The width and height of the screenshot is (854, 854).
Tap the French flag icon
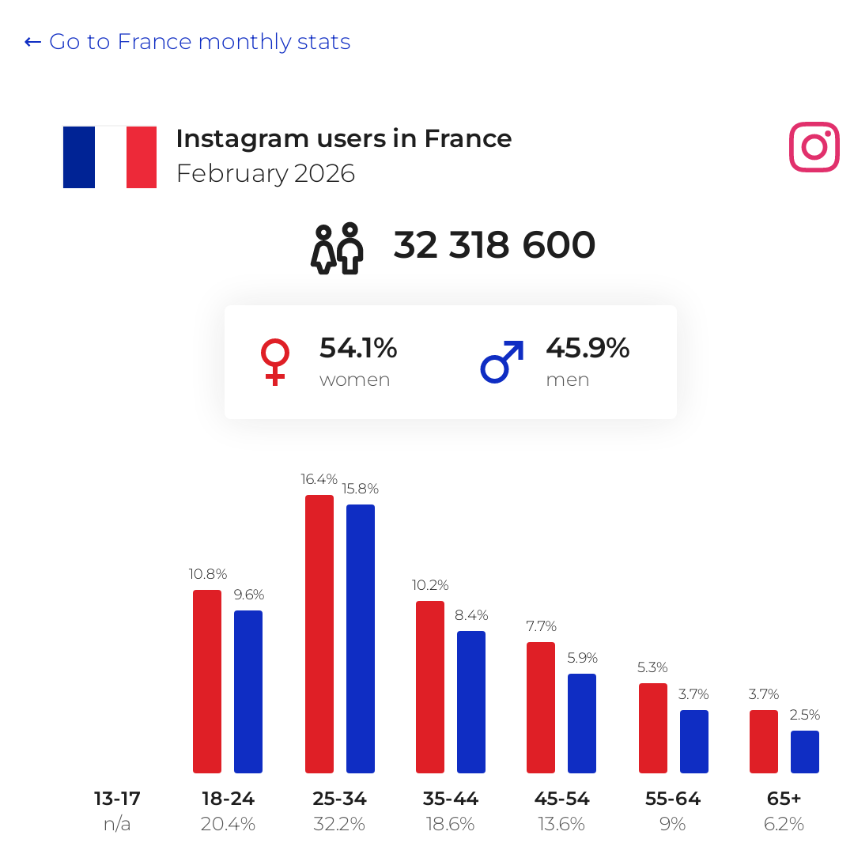point(110,157)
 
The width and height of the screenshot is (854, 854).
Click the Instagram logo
point(814,147)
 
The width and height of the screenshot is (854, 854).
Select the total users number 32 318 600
point(494,245)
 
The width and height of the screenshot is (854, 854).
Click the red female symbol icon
point(275,362)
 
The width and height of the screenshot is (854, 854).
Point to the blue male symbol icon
point(502,361)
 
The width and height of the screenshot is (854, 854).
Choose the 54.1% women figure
point(358,348)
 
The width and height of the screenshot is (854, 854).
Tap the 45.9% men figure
point(588,348)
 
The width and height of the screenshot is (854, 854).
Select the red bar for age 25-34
point(319,634)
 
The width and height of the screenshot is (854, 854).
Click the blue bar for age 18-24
point(248,692)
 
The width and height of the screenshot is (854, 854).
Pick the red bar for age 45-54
point(541,708)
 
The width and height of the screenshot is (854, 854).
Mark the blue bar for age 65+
point(805,752)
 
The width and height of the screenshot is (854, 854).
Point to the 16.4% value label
point(319,479)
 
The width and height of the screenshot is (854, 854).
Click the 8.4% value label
point(471,615)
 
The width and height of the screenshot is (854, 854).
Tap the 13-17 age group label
point(117,799)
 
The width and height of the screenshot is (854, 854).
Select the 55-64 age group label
point(673,799)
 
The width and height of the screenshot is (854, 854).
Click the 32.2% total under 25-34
point(338,824)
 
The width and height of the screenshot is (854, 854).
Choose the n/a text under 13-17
point(117,824)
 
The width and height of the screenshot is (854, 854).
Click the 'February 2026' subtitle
point(266,174)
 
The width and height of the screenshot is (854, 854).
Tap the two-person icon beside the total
point(337,248)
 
